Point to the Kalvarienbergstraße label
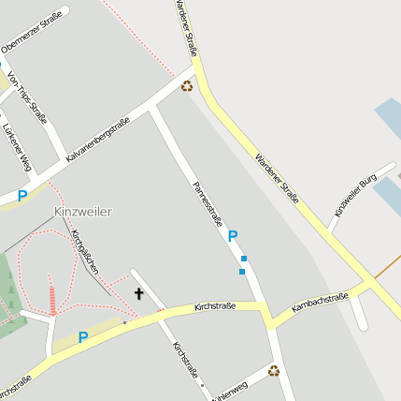tap(97, 141)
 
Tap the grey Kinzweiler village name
tap(82, 211)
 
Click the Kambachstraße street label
tap(320, 303)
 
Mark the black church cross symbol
tap(139, 294)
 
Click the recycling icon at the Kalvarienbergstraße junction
tap(187, 86)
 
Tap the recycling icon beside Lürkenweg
tap(274, 370)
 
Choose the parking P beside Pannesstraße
tap(233, 237)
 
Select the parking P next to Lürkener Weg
tap(21, 197)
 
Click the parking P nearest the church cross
tap(83, 337)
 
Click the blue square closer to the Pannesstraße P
tap(244, 258)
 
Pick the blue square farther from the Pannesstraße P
tap(241, 272)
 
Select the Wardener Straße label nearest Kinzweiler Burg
tap(278, 177)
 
